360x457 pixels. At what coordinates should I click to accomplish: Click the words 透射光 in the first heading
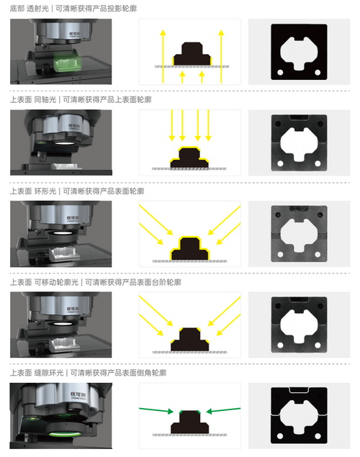pos(37,9)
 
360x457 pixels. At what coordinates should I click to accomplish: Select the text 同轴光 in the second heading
pos(45,100)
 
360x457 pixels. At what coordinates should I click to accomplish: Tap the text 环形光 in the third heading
pos(45,191)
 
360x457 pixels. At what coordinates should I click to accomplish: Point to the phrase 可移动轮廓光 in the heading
pos(56,282)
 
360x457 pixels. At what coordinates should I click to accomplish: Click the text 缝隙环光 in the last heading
pos(49,373)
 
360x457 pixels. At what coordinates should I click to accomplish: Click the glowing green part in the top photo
pos(66,64)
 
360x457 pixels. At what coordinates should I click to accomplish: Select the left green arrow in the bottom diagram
pos(156,410)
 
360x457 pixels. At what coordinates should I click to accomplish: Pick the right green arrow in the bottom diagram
pos(223,410)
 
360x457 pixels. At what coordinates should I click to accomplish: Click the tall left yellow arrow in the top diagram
pos(163,56)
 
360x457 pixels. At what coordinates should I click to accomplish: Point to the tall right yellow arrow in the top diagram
pos(221,56)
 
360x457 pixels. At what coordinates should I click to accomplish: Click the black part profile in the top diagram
pos(192,54)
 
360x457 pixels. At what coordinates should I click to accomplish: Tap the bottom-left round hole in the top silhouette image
pos(280,72)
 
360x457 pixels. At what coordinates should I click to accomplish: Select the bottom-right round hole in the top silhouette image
pos(318,72)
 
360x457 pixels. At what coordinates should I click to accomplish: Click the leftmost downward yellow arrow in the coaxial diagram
pos(172,125)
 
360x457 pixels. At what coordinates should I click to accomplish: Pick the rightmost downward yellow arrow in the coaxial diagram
pos(208,125)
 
